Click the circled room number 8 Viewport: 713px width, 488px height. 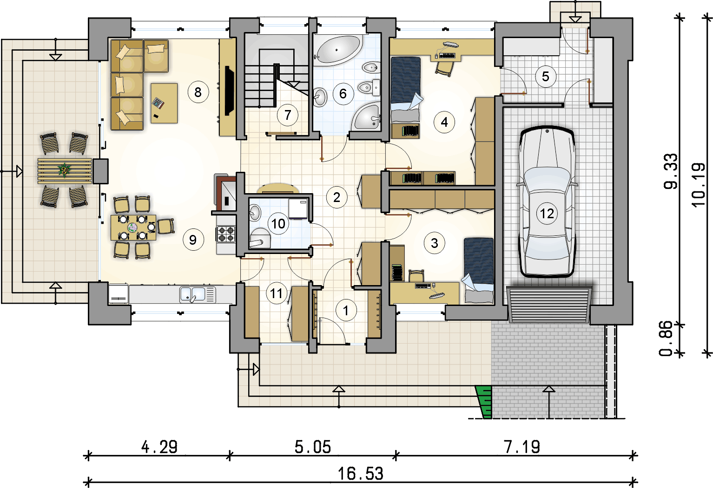click(x=198, y=92)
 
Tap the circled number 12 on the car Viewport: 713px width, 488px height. click(x=547, y=213)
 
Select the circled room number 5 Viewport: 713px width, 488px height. click(x=546, y=77)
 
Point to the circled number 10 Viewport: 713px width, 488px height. click(x=278, y=224)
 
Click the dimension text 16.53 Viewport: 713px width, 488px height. click(x=361, y=474)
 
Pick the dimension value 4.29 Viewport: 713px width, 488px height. click(x=159, y=447)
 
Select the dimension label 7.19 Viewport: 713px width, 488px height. click(x=522, y=447)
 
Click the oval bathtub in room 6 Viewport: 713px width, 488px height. click(x=338, y=50)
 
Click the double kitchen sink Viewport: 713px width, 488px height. click(x=198, y=294)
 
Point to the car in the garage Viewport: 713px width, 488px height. click(x=547, y=202)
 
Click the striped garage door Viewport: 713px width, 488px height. click(x=549, y=305)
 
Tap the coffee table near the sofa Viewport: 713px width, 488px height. click(x=164, y=103)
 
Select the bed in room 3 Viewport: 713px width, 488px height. click(x=478, y=270)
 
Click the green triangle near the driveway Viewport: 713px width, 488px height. click(x=484, y=402)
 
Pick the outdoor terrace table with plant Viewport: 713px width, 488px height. click(x=65, y=171)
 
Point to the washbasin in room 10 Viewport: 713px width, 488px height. click(x=255, y=212)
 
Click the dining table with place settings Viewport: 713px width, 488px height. click(x=133, y=228)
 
